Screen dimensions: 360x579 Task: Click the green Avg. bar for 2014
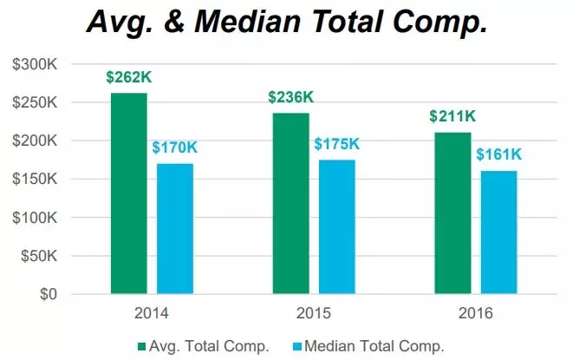[128, 193]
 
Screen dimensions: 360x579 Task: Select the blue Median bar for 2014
[175, 229]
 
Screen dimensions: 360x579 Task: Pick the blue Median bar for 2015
[337, 227]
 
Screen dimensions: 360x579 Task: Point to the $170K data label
[174, 147]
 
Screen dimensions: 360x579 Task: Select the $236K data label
[290, 97]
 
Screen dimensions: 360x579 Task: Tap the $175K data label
[337, 144]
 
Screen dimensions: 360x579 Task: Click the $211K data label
[452, 117]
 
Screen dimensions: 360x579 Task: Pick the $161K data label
[498, 154]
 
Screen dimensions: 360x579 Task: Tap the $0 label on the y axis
[49, 295]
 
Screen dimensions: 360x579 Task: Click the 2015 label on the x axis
[313, 313]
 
